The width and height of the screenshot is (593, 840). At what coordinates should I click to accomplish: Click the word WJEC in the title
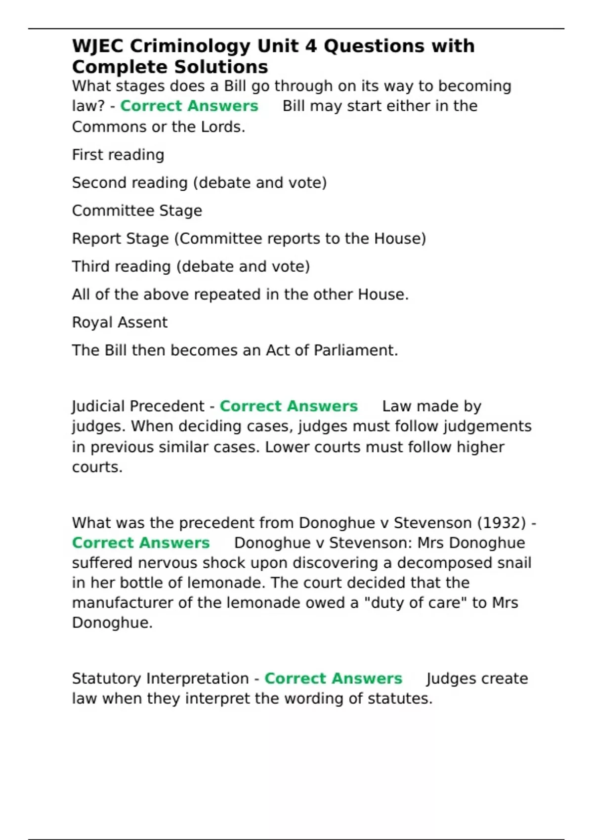98,46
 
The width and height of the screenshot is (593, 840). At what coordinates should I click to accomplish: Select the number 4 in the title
310,46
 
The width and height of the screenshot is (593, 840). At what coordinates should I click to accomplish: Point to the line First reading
118,155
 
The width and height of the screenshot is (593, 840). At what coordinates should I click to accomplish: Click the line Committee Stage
137,211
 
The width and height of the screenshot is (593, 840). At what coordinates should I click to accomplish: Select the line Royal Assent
120,323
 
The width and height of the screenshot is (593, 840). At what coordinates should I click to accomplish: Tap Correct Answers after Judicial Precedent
289,406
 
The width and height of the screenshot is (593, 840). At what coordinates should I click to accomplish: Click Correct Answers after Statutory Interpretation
333,678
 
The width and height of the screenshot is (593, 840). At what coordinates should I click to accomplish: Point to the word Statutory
107,678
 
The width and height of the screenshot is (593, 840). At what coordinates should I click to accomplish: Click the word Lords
222,127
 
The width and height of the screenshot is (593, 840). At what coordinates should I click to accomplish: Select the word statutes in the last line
400,699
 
